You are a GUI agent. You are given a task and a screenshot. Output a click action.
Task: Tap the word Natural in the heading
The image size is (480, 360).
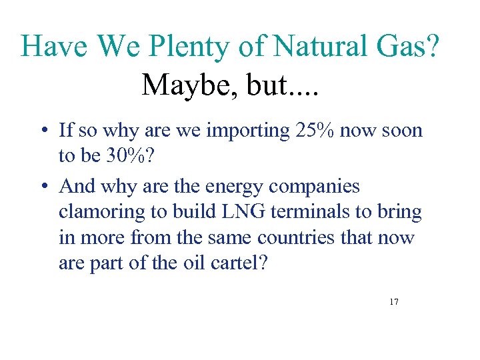(316, 47)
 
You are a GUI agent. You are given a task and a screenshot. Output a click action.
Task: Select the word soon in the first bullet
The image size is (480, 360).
(403, 130)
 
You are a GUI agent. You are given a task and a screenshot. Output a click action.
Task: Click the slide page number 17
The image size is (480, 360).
(394, 302)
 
